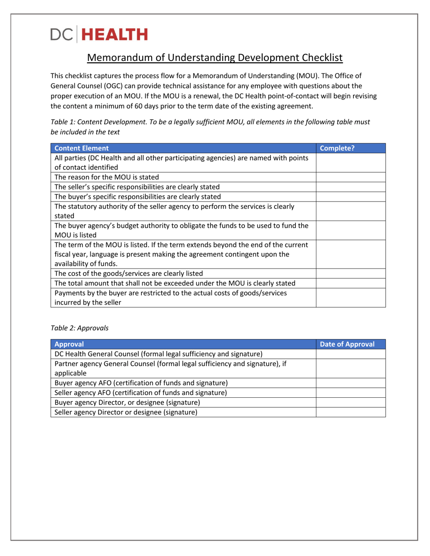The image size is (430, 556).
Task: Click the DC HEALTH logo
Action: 99,34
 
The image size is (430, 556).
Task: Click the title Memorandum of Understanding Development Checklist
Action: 215,58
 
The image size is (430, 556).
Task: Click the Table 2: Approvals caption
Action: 79,328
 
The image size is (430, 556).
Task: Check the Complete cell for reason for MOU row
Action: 350,177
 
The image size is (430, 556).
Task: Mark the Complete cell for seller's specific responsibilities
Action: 350,187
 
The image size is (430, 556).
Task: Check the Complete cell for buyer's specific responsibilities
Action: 350,197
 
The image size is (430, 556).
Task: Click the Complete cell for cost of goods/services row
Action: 350,273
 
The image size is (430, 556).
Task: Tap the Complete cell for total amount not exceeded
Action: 350,283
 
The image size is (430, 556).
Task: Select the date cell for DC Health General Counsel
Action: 350,353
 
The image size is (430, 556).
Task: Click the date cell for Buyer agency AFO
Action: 350,383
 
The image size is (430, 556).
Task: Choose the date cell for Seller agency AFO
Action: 350,393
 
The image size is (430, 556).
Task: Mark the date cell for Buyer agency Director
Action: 350,402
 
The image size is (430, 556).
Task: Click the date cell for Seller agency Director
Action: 350,412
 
